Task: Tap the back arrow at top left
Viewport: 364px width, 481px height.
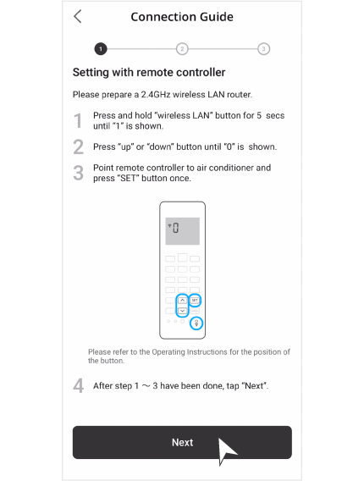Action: [x=78, y=16]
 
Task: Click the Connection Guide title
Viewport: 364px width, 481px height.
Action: [x=182, y=17]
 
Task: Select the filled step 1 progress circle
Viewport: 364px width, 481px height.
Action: [x=101, y=48]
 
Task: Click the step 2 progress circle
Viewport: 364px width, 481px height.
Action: [x=182, y=48]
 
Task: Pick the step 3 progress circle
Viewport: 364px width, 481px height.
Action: [x=263, y=48]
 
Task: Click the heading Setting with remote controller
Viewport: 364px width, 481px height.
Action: [x=148, y=73]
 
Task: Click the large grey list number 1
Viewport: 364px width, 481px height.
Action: [x=78, y=121]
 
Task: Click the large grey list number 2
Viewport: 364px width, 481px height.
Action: [x=78, y=147]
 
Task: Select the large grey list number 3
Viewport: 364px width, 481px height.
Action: [x=78, y=174]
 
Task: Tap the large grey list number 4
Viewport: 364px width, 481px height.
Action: [x=78, y=386]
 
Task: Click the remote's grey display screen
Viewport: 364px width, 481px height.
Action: [x=182, y=230]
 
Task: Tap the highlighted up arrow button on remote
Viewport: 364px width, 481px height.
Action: [x=182, y=300]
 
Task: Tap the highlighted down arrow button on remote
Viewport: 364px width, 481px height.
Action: [x=182, y=311]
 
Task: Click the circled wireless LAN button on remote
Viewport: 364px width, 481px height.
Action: [x=196, y=323]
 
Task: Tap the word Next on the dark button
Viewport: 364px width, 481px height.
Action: [x=182, y=442]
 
